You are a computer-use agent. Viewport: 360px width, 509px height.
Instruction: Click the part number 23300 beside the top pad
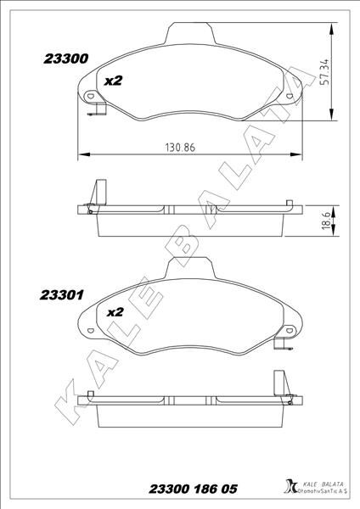[66, 59]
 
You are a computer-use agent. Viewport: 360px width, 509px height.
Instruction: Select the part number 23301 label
[62, 295]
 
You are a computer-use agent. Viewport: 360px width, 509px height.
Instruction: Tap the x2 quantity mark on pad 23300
[113, 81]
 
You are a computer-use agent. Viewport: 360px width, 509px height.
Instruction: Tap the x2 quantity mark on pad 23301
[115, 312]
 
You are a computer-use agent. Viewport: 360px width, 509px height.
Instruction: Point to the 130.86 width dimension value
[180, 148]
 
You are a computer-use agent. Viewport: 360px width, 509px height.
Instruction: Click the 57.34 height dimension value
[324, 72]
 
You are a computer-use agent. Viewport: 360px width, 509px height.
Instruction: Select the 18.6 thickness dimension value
[326, 221]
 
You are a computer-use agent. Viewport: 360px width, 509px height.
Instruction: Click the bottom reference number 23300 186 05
[193, 489]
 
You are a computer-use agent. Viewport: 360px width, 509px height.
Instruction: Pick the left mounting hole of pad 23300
[89, 96]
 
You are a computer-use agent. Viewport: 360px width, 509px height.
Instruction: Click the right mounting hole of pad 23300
[290, 96]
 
